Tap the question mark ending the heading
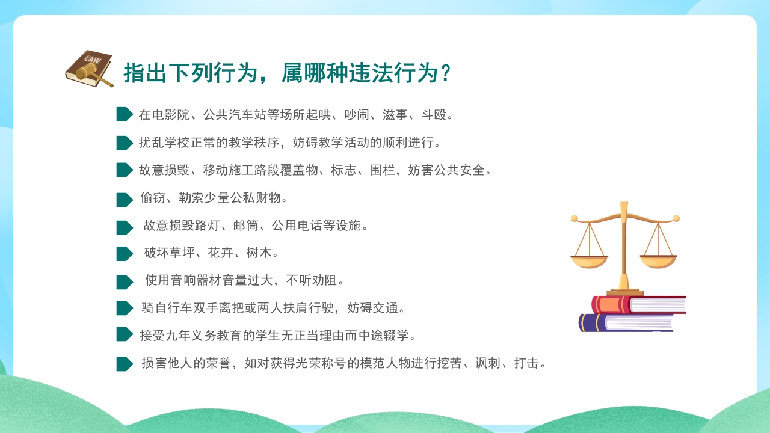tap(446, 73)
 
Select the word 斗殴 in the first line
tap(434, 115)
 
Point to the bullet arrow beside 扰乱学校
tap(125, 143)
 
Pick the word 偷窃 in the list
tap(153, 198)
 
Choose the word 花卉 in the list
tap(220, 253)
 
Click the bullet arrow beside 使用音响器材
tap(125, 282)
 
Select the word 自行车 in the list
tap(173, 308)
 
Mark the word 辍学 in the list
tap(396, 336)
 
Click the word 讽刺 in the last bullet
tap(488, 363)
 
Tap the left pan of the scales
tap(589, 262)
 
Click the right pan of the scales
tap(658, 262)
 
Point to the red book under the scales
tap(639, 304)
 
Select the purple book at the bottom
tap(626, 323)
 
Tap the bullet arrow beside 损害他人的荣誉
tap(125, 364)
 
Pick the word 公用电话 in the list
tap(297, 226)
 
